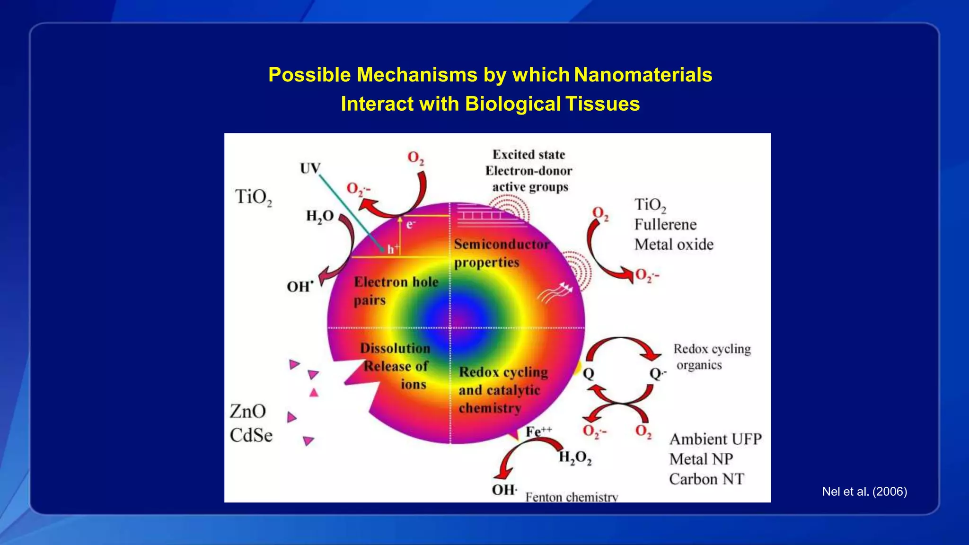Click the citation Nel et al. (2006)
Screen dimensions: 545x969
pos(864,492)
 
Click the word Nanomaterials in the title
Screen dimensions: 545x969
pos(643,75)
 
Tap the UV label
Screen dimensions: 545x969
pos(310,168)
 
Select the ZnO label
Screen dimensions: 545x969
pos(248,411)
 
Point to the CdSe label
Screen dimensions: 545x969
pos(251,435)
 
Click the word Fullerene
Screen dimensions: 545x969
pos(665,224)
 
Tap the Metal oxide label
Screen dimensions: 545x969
pos(674,245)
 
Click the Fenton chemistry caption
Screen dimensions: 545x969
pos(572,497)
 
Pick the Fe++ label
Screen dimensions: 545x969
pos(538,431)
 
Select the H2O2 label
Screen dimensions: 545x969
pos(575,457)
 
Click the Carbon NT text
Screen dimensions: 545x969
pos(706,479)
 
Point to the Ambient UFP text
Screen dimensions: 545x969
pos(715,439)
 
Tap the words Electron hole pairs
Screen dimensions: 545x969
pos(396,291)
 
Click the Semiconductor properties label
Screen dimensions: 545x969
pos(502,253)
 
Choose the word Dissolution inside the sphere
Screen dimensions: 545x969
pos(395,348)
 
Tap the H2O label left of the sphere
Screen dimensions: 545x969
pos(320,217)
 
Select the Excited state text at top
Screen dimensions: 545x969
pos(529,155)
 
